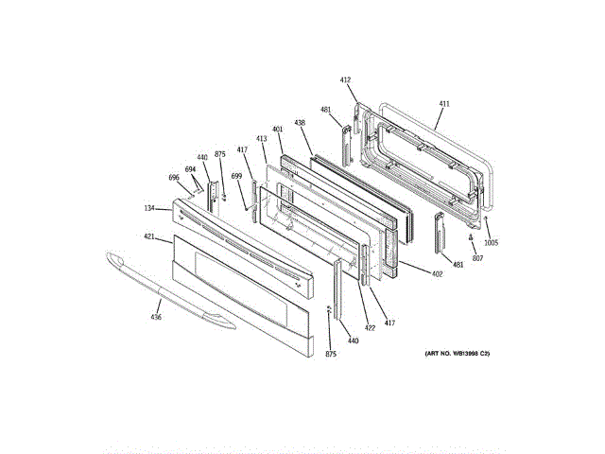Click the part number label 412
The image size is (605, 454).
click(x=345, y=80)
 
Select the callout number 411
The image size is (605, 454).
click(x=445, y=103)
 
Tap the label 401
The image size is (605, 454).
click(x=278, y=130)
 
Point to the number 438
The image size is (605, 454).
click(x=300, y=123)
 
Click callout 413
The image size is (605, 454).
click(x=262, y=139)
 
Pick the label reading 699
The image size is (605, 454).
click(x=236, y=177)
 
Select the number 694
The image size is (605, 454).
click(x=190, y=170)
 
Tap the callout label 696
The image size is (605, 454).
click(x=174, y=178)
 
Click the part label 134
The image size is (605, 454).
click(x=149, y=208)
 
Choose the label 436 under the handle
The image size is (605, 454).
click(x=156, y=317)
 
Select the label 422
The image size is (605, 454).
click(x=370, y=328)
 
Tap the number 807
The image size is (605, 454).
click(x=477, y=258)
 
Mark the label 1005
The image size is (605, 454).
click(x=492, y=242)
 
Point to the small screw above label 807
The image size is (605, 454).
click(x=472, y=238)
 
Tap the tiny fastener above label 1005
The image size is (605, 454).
click(x=485, y=219)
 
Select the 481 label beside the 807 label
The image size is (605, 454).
click(x=458, y=265)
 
